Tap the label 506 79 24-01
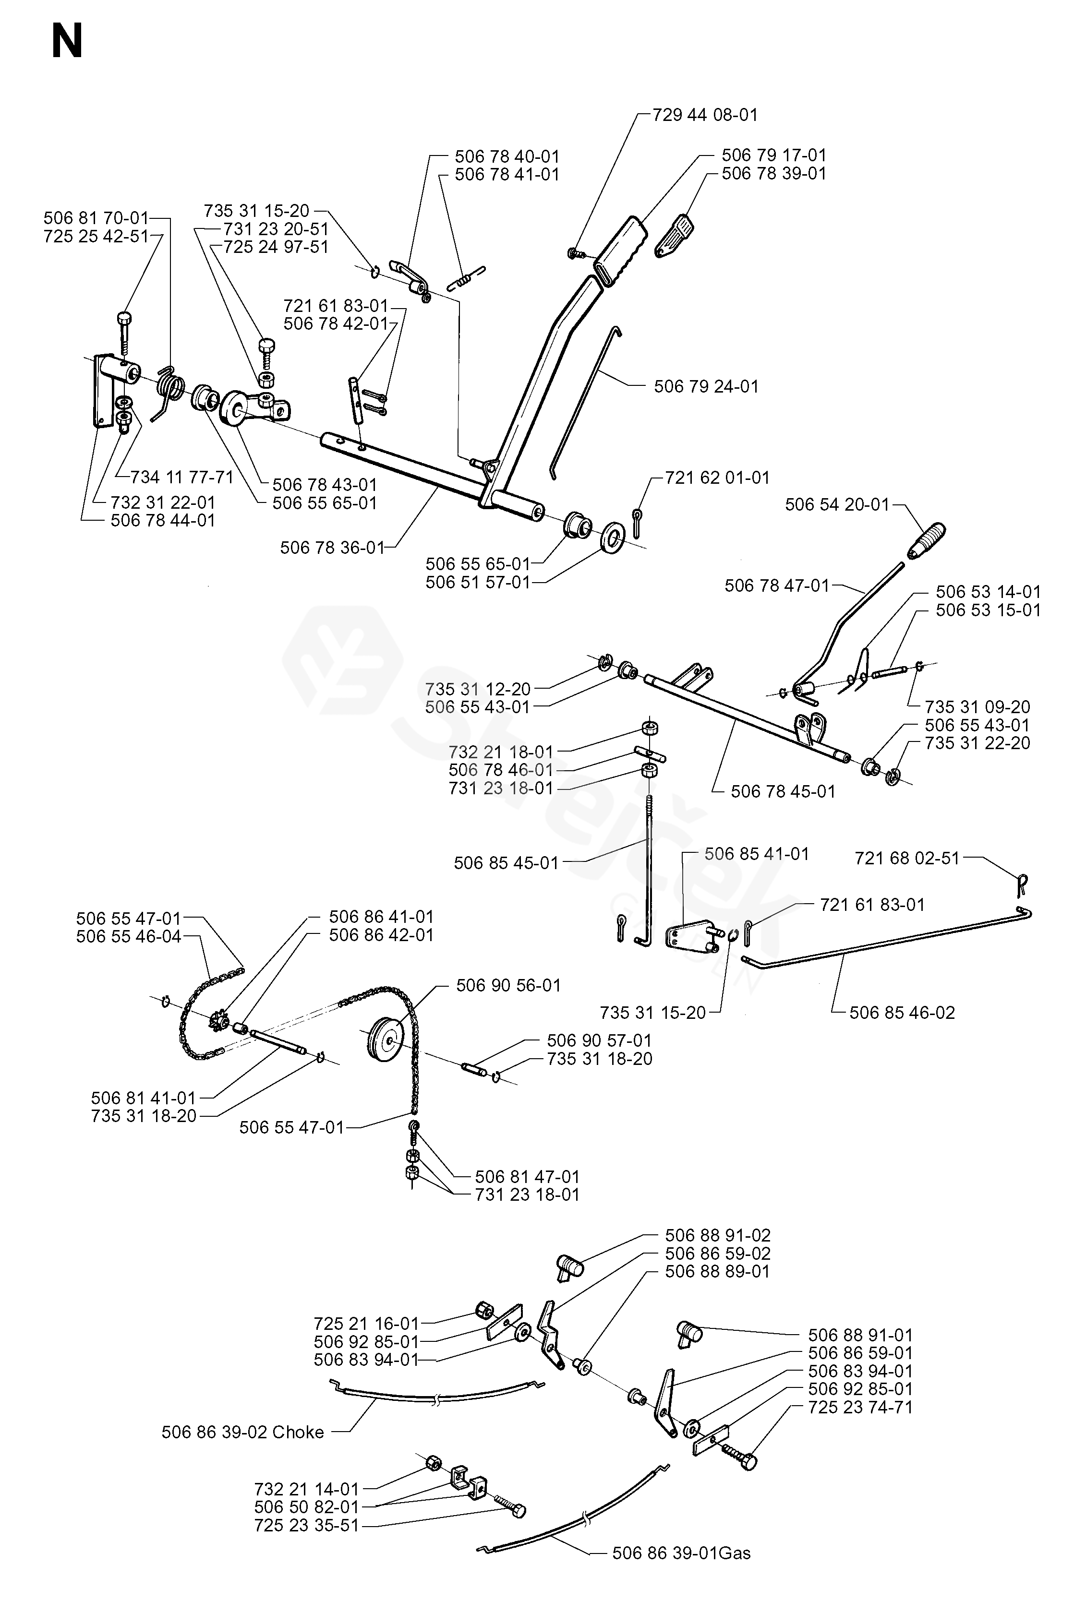pos(706,386)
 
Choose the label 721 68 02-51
pos(907,859)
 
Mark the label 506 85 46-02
pos(902,1013)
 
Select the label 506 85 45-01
pos(506,863)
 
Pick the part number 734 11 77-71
pos(182,477)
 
